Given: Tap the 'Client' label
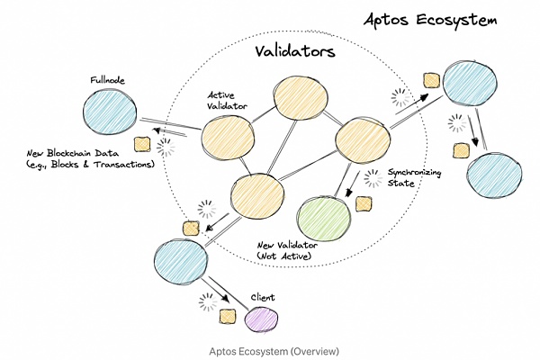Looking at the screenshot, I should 260,296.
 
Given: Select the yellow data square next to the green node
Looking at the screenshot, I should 364,203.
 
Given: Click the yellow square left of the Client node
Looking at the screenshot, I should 228,317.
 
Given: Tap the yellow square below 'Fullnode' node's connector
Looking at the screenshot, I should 141,145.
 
